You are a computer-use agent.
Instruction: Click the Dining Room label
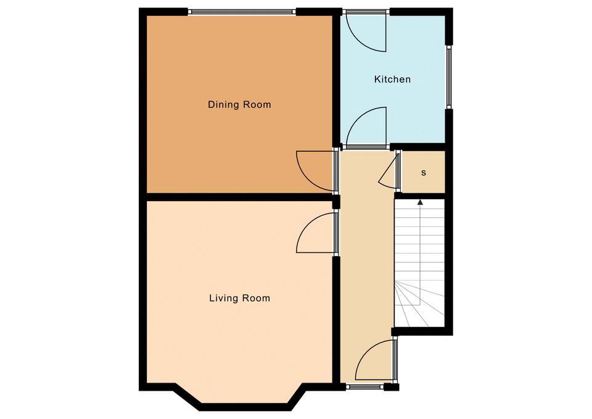pyautogui.click(x=239, y=104)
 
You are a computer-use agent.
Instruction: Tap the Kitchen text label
pyautogui.click(x=392, y=80)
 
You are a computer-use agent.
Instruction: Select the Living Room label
pyautogui.click(x=240, y=298)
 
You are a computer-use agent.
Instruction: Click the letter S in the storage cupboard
pyautogui.click(x=424, y=173)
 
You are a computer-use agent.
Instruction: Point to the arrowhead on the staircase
pyautogui.click(x=420, y=202)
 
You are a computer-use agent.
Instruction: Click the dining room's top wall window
pyautogui.click(x=242, y=12)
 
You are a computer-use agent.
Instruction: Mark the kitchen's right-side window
pyautogui.click(x=449, y=77)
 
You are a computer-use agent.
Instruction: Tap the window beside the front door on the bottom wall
pyautogui.click(x=365, y=386)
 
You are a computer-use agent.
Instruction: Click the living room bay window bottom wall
pyautogui.click(x=245, y=407)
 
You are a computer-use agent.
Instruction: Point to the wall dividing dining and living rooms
pyautogui.click(x=239, y=197)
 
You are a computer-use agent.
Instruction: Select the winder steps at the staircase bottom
pyautogui.click(x=419, y=304)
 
